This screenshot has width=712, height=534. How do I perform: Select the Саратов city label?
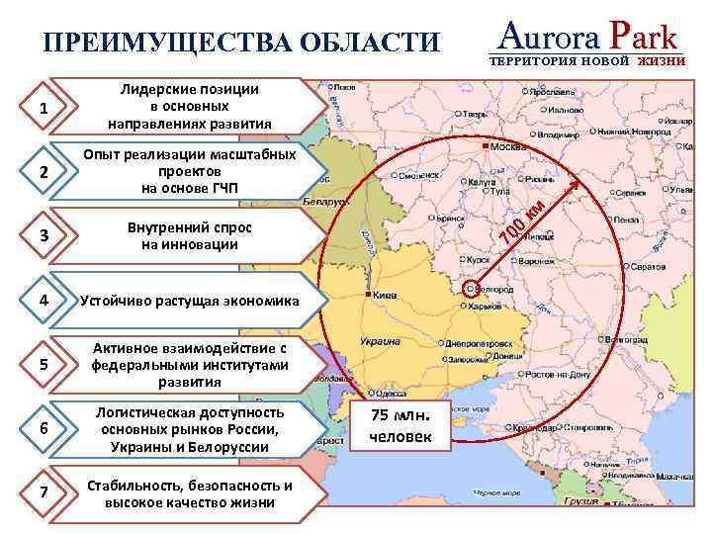648,267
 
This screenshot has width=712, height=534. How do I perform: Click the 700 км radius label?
523,223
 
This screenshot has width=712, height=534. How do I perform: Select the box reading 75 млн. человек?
400,425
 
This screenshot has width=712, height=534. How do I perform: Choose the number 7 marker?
44,493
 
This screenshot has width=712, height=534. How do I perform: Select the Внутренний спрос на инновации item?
190,235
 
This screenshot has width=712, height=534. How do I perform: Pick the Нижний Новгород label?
633,131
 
